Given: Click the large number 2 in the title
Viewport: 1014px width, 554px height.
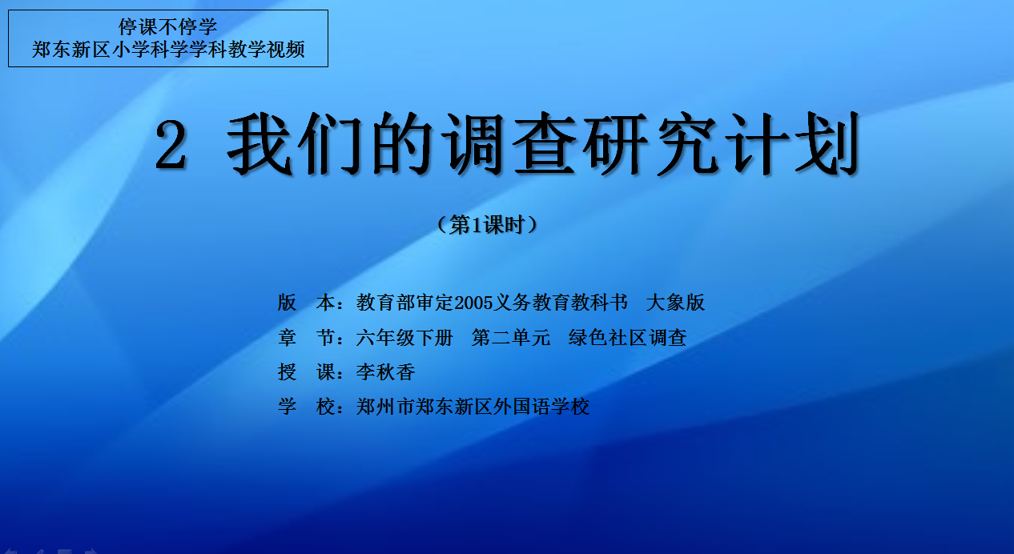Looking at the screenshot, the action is point(171,146).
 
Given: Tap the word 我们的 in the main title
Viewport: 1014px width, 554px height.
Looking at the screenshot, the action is point(330,144).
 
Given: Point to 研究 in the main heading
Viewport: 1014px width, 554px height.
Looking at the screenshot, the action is point(651,144).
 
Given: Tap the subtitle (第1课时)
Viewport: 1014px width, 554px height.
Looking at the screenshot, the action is point(488,225).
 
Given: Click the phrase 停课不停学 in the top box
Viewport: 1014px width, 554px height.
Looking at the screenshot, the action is point(168,26).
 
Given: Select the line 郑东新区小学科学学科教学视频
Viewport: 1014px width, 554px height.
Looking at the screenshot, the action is point(168,50).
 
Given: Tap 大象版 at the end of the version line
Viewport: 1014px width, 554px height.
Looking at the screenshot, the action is point(675,303).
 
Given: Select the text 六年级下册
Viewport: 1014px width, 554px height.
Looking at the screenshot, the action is point(404,337).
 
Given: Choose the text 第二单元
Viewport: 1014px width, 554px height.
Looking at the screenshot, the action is point(511,337).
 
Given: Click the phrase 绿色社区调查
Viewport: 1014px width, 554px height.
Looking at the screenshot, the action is point(627,337).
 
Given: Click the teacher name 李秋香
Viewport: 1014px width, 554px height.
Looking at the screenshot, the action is point(386,372).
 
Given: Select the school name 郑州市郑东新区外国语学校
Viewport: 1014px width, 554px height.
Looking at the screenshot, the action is point(473,407).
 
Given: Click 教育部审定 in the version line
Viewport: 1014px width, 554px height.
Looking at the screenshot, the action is point(404,303).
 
